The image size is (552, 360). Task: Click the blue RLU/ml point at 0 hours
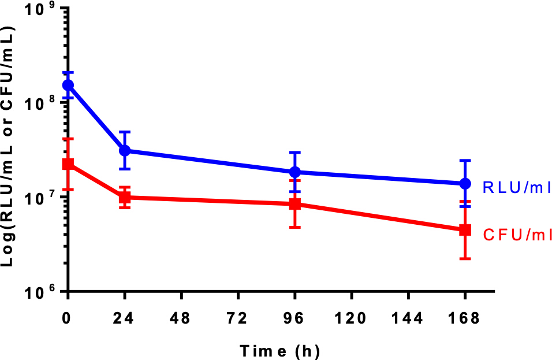(68, 85)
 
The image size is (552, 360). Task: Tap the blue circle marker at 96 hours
(295, 172)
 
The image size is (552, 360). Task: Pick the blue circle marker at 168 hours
(465, 184)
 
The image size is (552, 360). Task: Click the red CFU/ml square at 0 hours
(68, 164)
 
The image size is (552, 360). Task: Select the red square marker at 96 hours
(295, 204)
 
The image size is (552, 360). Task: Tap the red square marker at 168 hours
(465, 229)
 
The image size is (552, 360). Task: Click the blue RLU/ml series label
(516, 187)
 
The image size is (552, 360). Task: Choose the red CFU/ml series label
(516, 234)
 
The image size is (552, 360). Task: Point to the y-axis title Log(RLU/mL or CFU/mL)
(10, 147)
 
